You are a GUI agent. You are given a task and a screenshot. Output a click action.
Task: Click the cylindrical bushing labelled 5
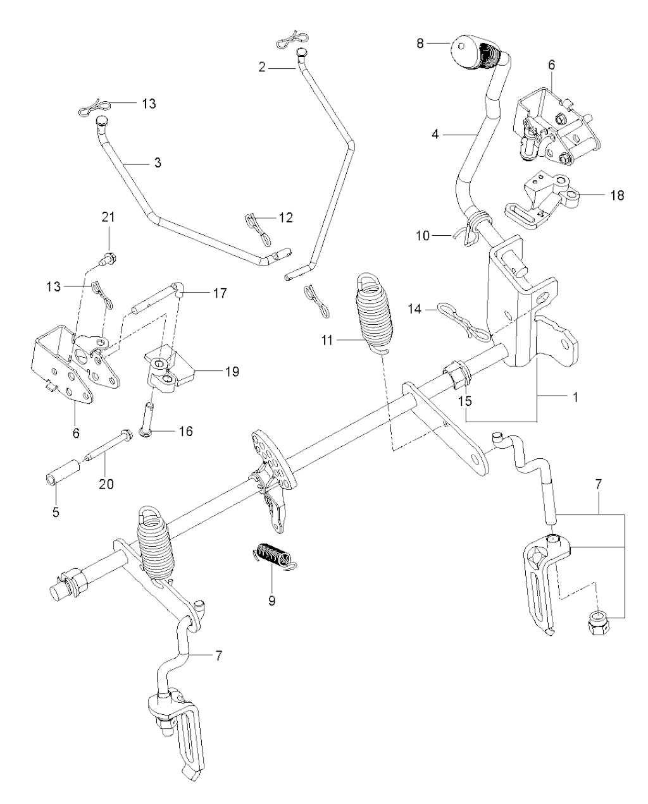[63, 478]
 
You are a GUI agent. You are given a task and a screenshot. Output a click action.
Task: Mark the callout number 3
[157, 163]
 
